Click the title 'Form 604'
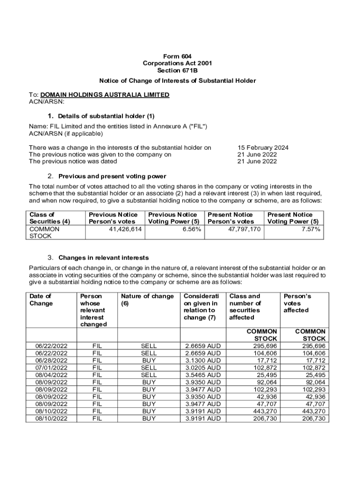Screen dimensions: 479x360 (180, 56)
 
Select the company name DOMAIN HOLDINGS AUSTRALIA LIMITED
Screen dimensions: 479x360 (105, 94)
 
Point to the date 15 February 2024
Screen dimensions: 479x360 (263, 147)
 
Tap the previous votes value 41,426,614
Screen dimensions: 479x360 (126, 229)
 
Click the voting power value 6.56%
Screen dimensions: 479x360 (192, 229)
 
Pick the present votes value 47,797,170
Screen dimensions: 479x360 (244, 229)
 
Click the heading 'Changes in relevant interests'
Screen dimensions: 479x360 (103, 258)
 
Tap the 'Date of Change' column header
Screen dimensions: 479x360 (41, 300)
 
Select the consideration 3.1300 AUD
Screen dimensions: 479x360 (203, 361)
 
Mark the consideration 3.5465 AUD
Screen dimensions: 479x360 (203, 375)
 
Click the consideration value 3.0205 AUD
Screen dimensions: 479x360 (203, 368)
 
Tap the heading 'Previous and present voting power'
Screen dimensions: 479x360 (112, 176)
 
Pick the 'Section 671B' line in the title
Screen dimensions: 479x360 (180, 71)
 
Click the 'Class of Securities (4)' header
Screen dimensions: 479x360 (50, 218)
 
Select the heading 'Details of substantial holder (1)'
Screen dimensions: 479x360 (106, 116)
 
